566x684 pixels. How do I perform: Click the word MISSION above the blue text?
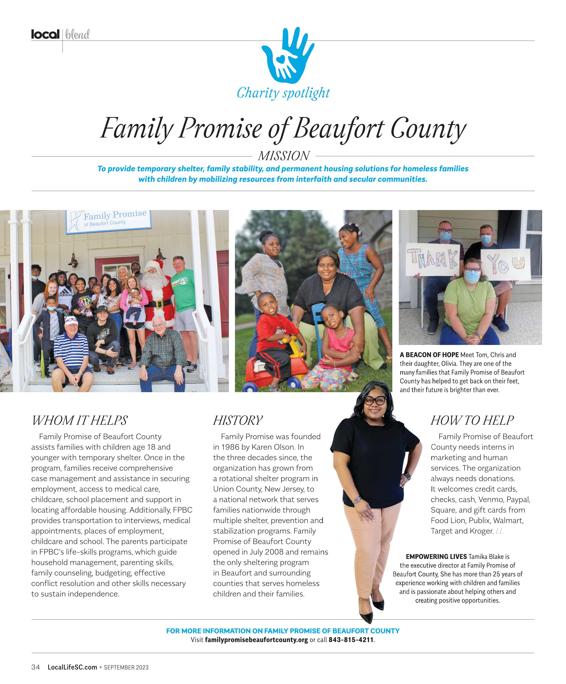coord(283,156)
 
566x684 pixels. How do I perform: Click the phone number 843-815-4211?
coord(351,640)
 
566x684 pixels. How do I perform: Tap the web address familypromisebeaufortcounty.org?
coord(256,640)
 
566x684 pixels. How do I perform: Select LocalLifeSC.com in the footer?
coord(72,667)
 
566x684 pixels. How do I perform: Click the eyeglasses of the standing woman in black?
coord(375,401)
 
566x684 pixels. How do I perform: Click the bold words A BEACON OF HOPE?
coord(429,355)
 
